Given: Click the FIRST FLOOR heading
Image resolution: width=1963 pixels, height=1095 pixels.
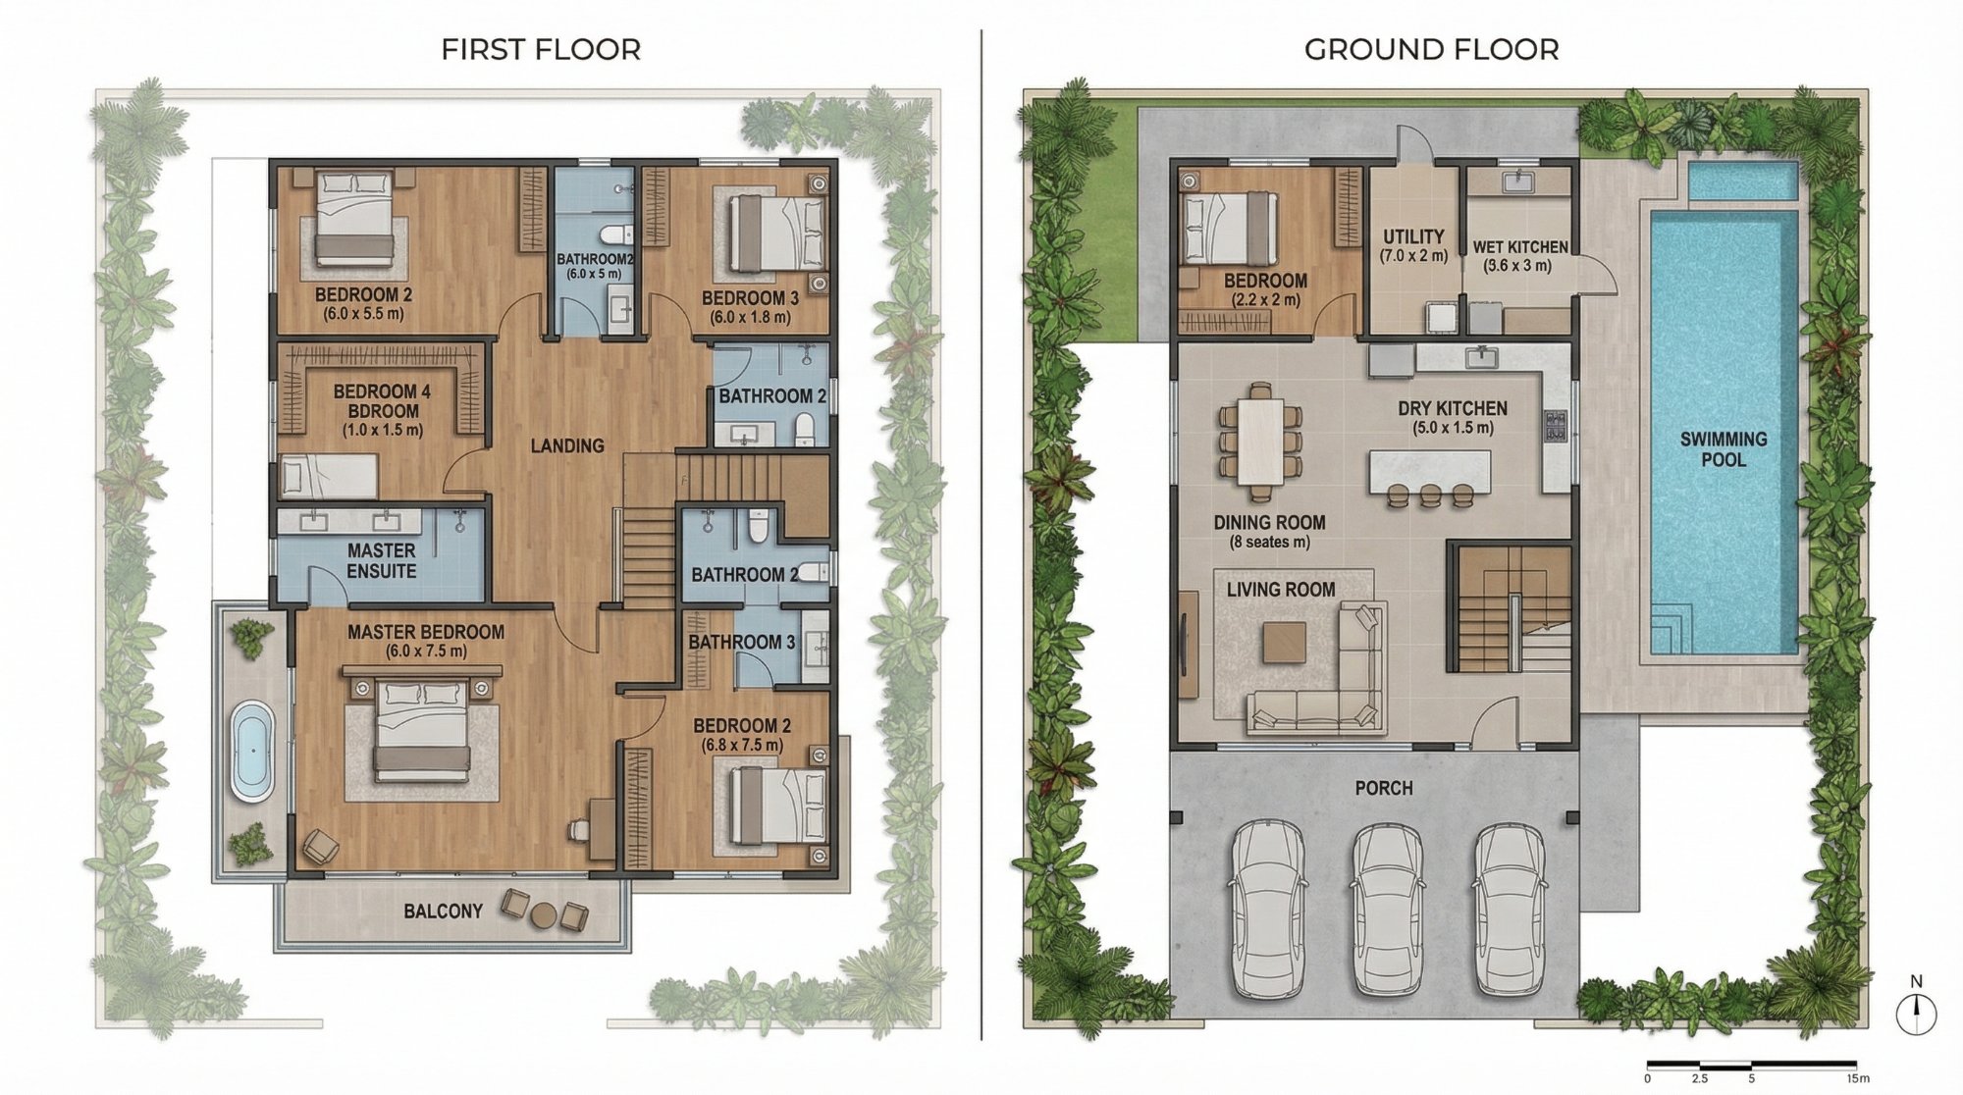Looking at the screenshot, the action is tap(541, 49).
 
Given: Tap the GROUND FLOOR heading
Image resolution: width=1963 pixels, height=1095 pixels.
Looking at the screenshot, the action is tap(1431, 49).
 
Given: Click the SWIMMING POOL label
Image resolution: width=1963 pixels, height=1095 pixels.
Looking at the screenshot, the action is tap(1724, 449).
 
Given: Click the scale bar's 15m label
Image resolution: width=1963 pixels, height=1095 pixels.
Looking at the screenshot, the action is tap(1856, 1078).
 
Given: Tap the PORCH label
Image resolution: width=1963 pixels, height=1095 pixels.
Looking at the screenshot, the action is tap(1384, 788).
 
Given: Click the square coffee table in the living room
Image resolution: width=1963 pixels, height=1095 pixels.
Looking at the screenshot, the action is tap(1285, 643).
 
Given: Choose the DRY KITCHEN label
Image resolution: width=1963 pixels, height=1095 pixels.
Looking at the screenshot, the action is tap(1453, 408).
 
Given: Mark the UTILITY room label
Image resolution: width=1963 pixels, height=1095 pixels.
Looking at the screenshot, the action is tap(1413, 236).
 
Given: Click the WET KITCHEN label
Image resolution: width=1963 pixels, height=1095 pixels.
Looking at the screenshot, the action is tap(1520, 247).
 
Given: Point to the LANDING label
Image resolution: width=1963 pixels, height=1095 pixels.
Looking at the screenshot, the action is tap(567, 445).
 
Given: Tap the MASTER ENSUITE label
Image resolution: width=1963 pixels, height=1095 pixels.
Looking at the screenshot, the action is tap(382, 560).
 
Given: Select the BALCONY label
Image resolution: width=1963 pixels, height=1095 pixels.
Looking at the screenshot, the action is tap(444, 911).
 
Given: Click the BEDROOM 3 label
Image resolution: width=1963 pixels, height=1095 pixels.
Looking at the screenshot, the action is tap(750, 297).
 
